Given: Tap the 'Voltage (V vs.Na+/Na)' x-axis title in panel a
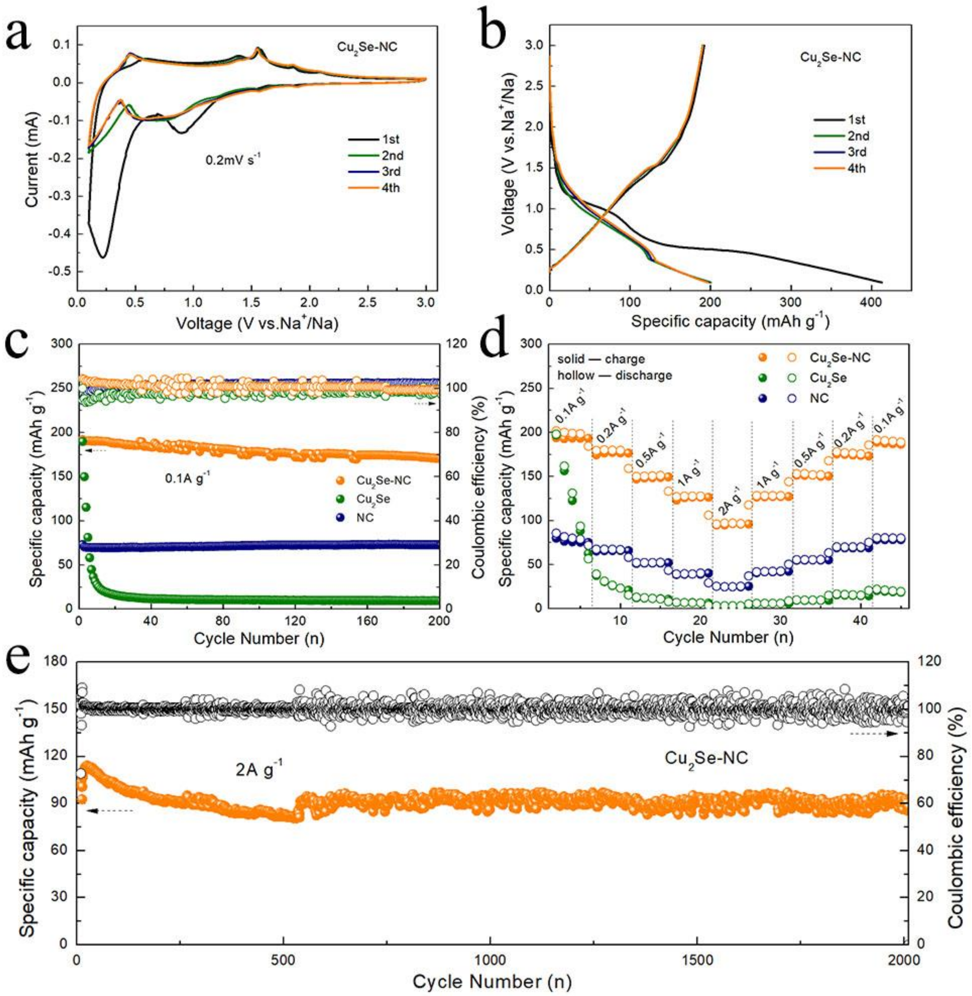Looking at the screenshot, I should click(x=257, y=323).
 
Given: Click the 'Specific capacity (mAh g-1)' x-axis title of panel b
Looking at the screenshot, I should click(x=730, y=321).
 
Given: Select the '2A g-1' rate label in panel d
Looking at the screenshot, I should click(x=730, y=501).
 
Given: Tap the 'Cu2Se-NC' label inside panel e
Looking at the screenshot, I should click(x=706, y=758).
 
